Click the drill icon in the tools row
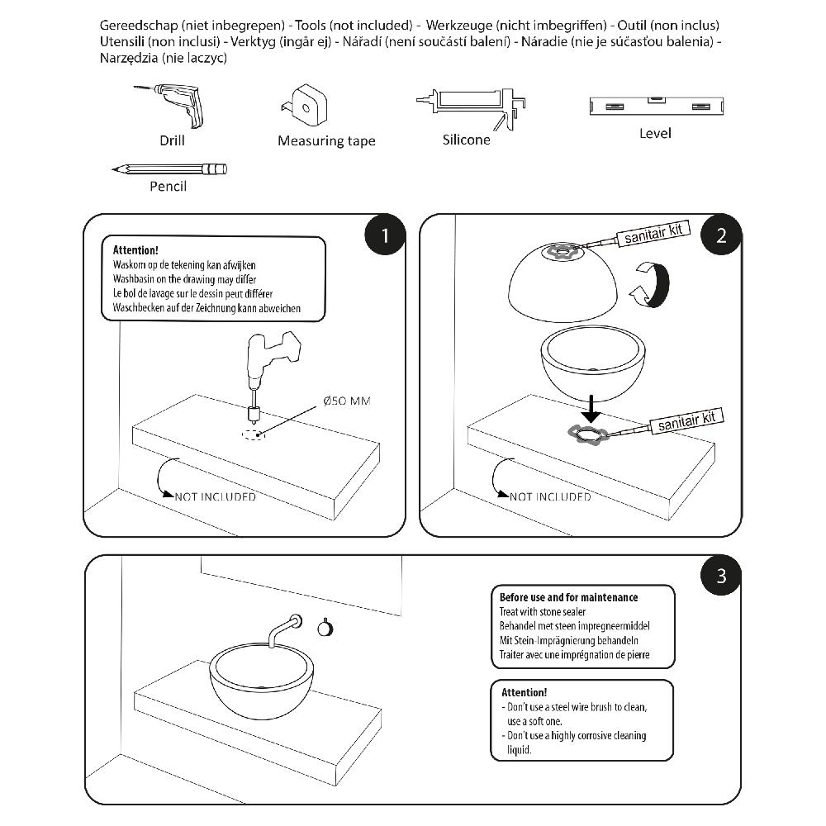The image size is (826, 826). pyautogui.click(x=173, y=104)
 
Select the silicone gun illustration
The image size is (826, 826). pyautogui.click(x=471, y=103)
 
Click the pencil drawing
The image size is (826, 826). pyautogui.click(x=169, y=169)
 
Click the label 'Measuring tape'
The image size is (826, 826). pyautogui.click(x=326, y=141)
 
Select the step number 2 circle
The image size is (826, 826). pyautogui.click(x=721, y=235)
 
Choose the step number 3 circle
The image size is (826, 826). pyautogui.click(x=721, y=575)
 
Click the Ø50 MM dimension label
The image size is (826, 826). pyautogui.click(x=347, y=401)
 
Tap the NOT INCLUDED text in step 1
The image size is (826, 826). pyautogui.click(x=215, y=496)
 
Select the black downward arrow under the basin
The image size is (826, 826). pyautogui.click(x=588, y=407)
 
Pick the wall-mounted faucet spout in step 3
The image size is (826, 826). pyautogui.click(x=283, y=628)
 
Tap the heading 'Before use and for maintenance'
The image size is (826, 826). pyautogui.click(x=568, y=597)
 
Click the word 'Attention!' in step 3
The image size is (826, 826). pyautogui.click(x=524, y=692)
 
